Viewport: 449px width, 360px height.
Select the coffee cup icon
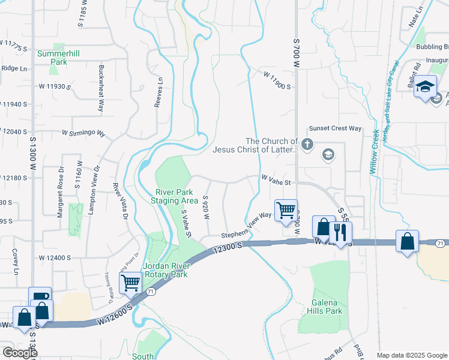[x=40, y=298]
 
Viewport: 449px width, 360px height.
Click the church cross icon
[x=307, y=144]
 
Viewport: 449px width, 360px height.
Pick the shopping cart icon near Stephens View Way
[x=286, y=209]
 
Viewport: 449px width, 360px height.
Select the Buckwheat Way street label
[x=101, y=88]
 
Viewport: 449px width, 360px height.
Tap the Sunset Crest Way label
[x=335, y=128]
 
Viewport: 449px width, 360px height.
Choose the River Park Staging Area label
[x=174, y=196]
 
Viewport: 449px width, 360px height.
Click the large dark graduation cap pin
[x=426, y=86]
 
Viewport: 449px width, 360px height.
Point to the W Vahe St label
[x=276, y=180]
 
